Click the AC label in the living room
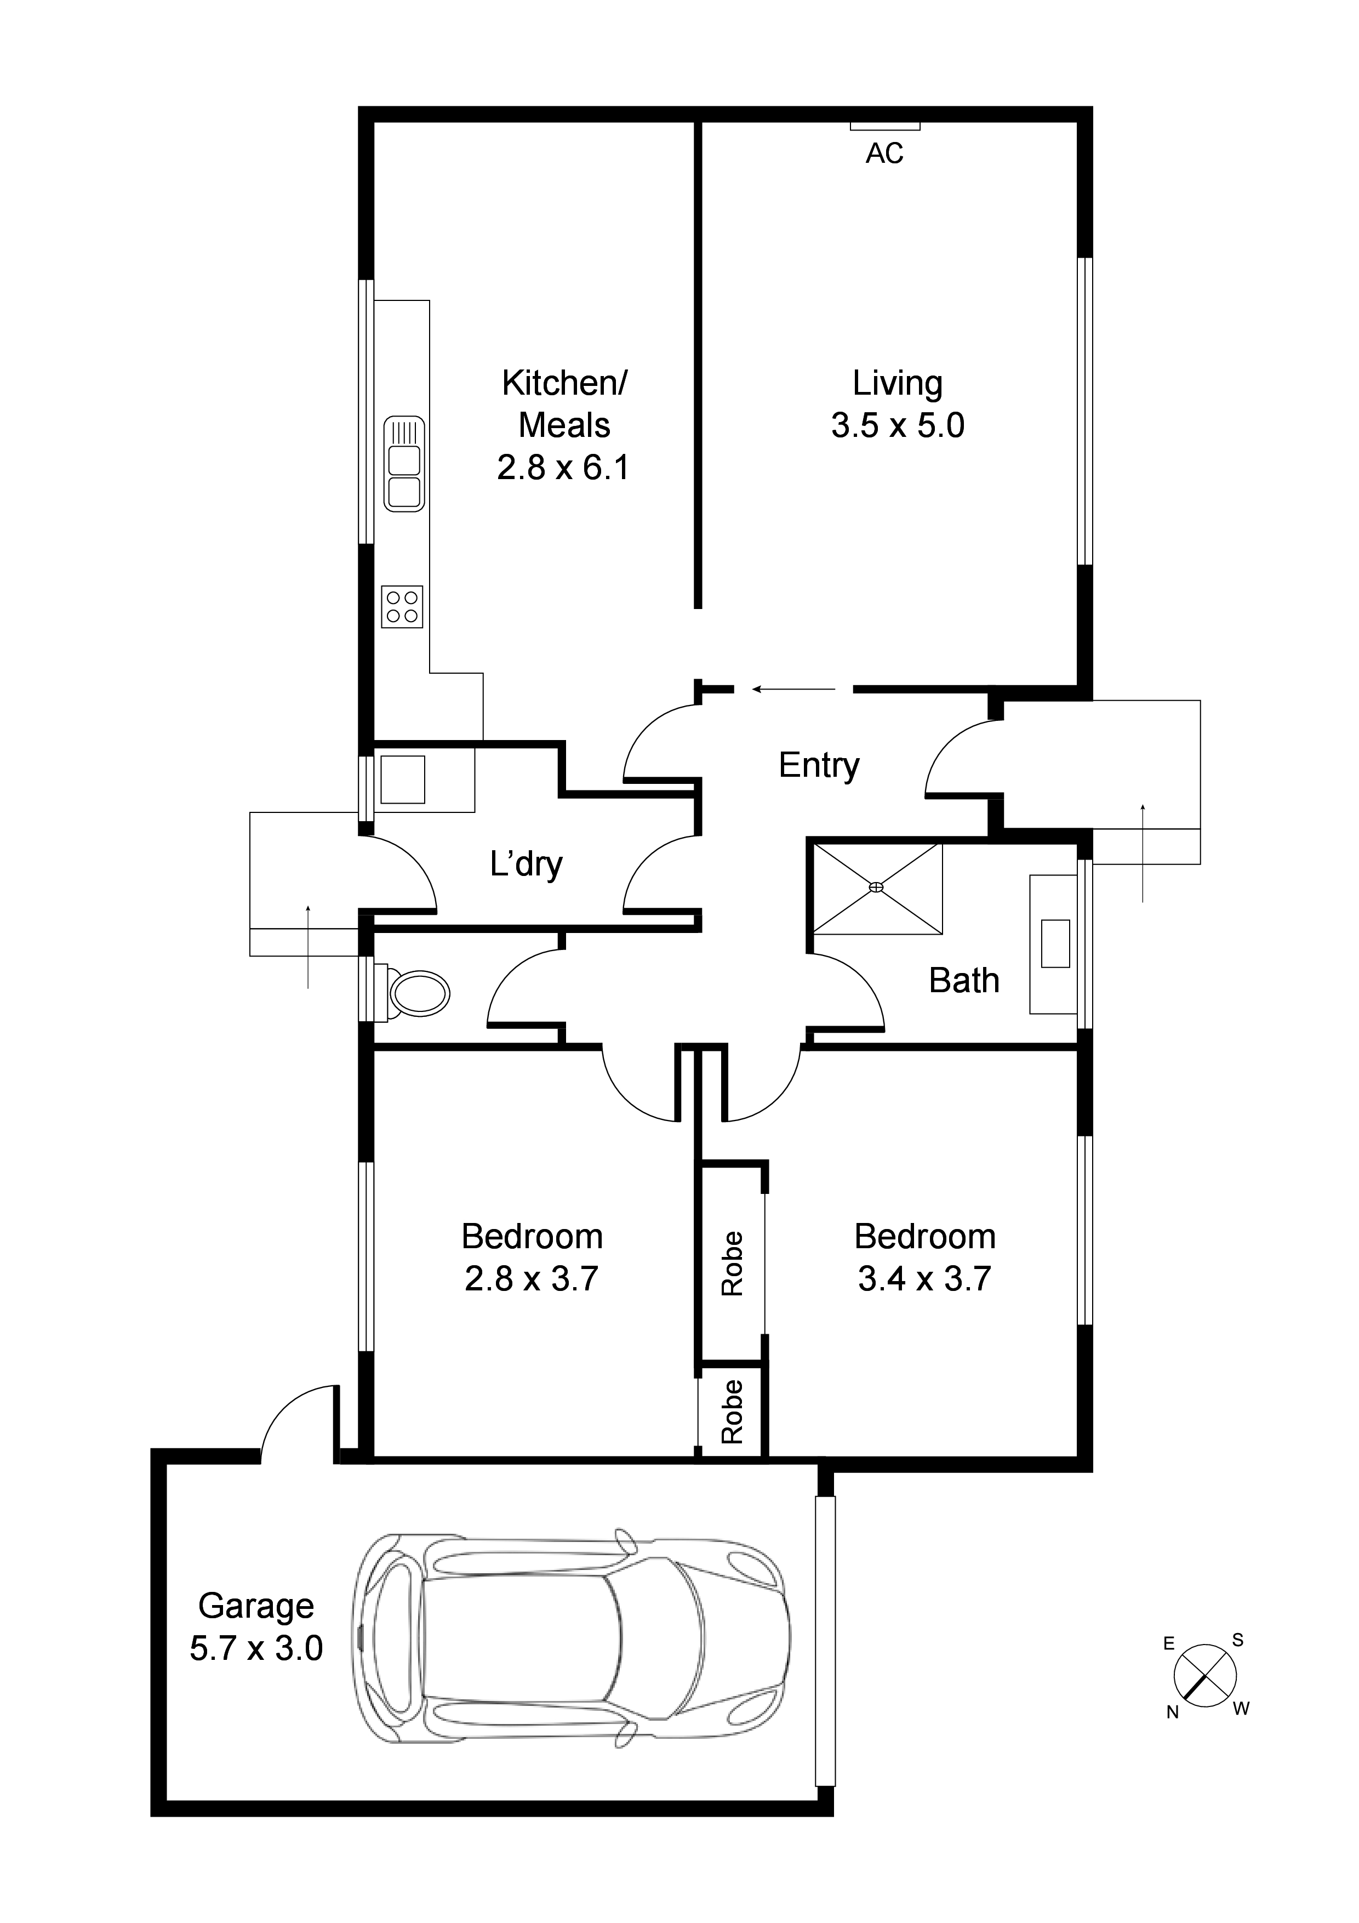[884, 153]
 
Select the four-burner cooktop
[402, 606]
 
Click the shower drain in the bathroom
[877, 887]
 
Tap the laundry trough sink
[403, 779]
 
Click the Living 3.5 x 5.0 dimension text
[898, 425]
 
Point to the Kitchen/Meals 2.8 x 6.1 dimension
[563, 466]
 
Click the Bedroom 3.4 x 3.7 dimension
[924, 1278]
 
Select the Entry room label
[818, 765]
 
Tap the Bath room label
[964, 980]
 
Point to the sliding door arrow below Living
[794, 689]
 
